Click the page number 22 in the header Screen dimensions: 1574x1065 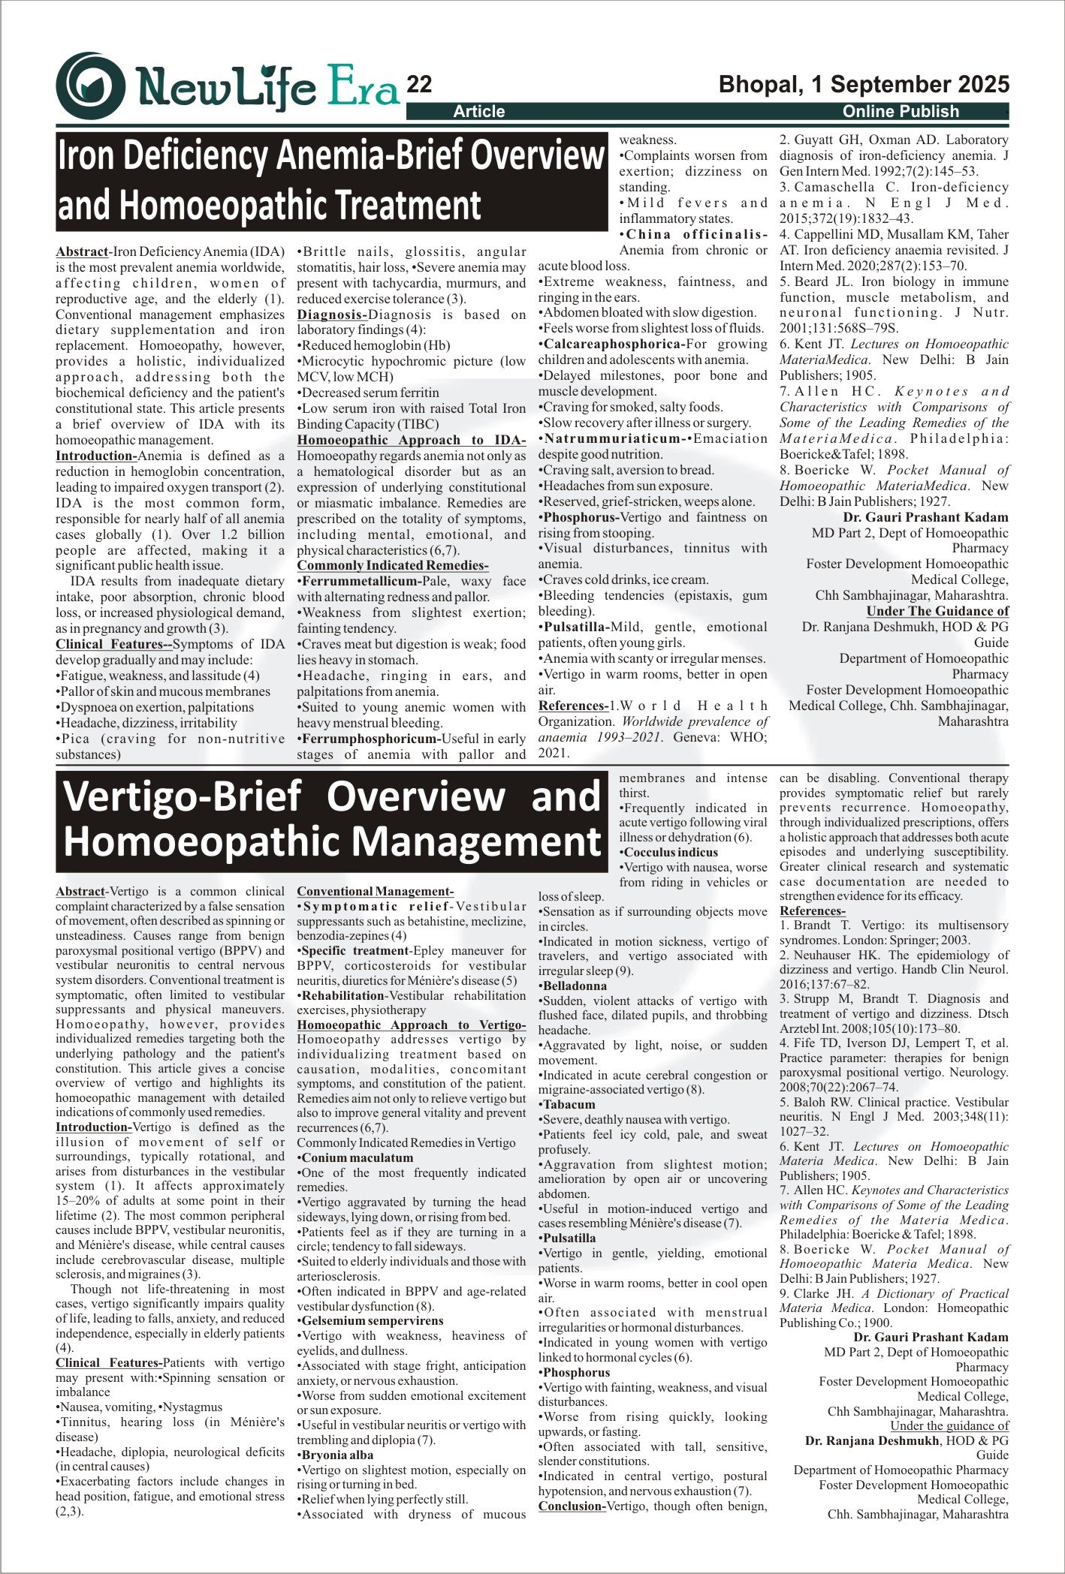coord(419,85)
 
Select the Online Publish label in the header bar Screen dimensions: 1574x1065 coord(901,112)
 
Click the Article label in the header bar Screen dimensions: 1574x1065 coord(479,112)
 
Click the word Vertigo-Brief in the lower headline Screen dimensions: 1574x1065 coord(181,796)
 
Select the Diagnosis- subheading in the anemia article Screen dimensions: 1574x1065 coord(332,314)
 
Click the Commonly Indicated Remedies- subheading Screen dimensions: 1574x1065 coord(393,565)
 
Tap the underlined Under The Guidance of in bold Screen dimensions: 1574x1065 coord(937,611)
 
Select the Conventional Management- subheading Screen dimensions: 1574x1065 coord(376,892)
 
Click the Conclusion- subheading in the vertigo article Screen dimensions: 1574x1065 coord(572,1506)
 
